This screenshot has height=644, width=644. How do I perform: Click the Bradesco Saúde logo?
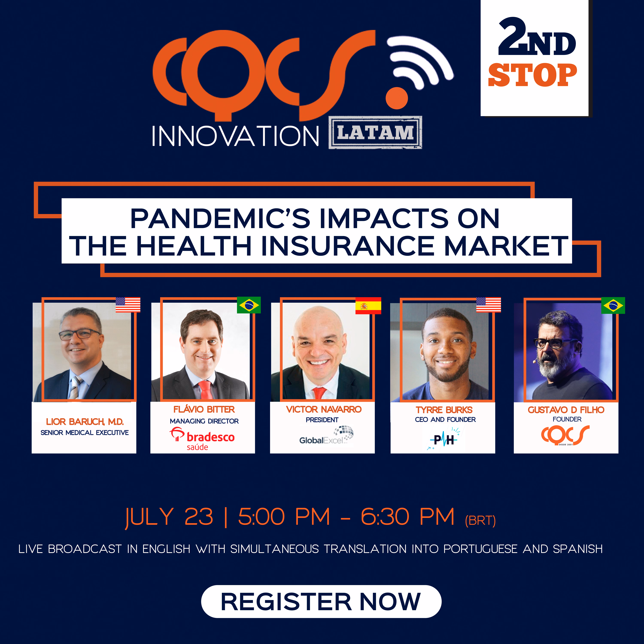202,439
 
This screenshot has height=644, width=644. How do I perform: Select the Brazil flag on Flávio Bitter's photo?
249,305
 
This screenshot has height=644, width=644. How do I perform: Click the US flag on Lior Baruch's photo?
128,305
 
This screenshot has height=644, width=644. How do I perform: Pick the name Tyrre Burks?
444,410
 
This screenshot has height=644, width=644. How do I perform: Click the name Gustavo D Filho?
566,410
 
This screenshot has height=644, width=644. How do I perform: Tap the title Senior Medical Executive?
85,433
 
